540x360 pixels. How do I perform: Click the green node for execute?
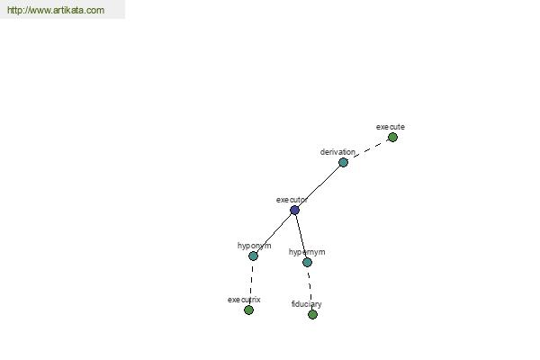click(x=392, y=138)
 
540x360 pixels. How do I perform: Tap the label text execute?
click(x=391, y=127)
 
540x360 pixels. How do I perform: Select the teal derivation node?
click(x=343, y=162)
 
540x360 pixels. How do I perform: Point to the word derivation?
click(x=337, y=152)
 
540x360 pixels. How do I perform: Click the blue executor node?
click(x=294, y=210)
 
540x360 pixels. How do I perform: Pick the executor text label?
click(x=292, y=200)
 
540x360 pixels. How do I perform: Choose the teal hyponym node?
click(x=253, y=256)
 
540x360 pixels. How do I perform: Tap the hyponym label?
click(x=254, y=246)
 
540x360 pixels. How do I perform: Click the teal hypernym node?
click(x=307, y=263)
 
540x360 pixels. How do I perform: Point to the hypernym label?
click(x=307, y=252)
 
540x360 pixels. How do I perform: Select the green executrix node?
click(x=248, y=310)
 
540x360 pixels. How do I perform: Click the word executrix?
click(x=244, y=300)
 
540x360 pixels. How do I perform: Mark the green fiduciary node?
click(x=312, y=314)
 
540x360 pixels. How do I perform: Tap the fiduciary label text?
click(x=307, y=304)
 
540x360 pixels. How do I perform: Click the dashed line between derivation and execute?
click(x=368, y=150)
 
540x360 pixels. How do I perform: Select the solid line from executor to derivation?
click(x=319, y=186)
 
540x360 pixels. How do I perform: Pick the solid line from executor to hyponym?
click(x=274, y=233)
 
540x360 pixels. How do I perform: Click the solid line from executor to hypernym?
click(x=301, y=237)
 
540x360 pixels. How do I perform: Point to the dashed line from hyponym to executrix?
click(x=251, y=283)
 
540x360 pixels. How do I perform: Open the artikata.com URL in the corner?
click(x=56, y=10)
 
